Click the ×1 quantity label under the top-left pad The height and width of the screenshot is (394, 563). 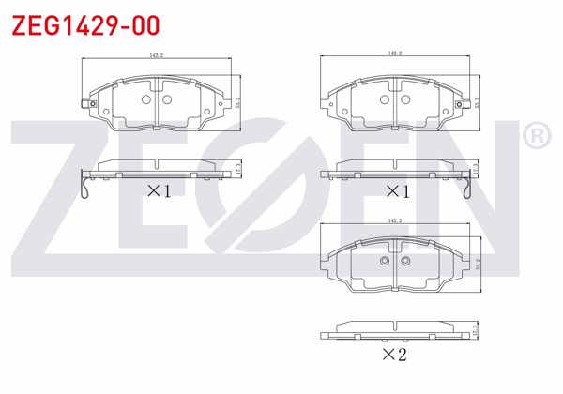(159, 191)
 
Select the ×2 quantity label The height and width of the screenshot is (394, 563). (395, 355)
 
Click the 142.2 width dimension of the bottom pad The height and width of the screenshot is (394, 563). (394, 220)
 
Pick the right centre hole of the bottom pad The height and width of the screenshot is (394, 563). (404, 262)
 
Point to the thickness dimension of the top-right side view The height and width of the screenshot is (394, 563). (477, 168)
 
